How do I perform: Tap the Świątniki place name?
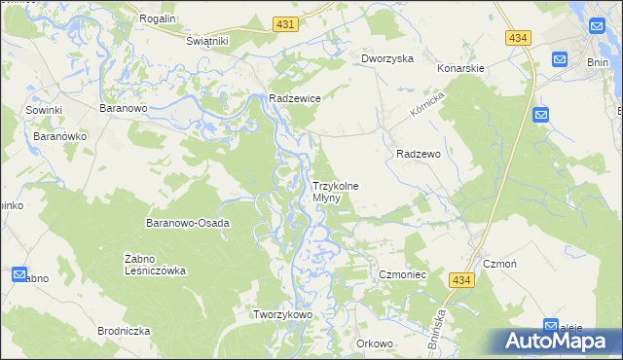pyautogui.click(x=206, y=41)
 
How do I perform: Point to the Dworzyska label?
pyautogui.click(x=386, y=58)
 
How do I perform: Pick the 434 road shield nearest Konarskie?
pyautogui.click(x=518, y=37)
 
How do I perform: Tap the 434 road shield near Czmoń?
pyautogui.click(x=462, y=279)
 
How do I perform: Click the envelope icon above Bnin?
pyautogui.click(x=560, y=58)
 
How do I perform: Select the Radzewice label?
pyautogui.click(x=295, y=98)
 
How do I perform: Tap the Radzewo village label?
pyautogui.click(x=420, y=154)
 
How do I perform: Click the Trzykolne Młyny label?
pyautogui.click(x=335, y=191)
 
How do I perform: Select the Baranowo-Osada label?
pyautogui.click(x=188, y=223)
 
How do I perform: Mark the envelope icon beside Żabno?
pyautogui.click(x=19, y=275)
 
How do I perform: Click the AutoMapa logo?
pyautogui.click(x=556, y=341)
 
